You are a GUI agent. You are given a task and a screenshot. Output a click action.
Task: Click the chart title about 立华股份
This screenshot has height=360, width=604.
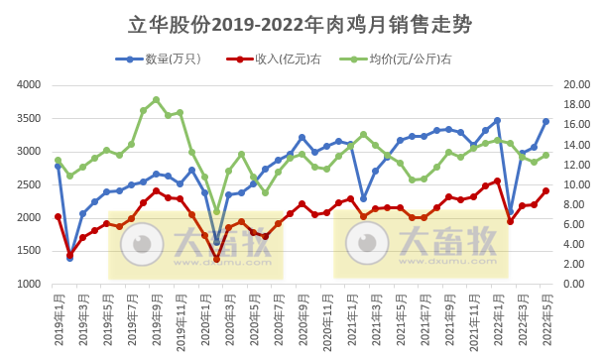[x=302, y=23]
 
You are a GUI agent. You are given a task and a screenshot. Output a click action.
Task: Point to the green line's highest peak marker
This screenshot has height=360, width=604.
[x=156, y=99]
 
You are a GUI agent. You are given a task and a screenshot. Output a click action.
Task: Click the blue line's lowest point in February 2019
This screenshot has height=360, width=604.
[x=69, y=258]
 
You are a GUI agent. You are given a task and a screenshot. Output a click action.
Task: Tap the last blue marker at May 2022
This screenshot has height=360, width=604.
[x=546, y=122]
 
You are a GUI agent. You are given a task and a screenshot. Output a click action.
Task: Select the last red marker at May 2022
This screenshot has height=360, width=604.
[x=546, y=191]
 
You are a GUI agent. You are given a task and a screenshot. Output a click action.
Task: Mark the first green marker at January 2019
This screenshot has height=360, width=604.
[x=58, y=160]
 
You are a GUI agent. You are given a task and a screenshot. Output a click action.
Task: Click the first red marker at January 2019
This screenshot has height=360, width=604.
[x=58, y=216]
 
